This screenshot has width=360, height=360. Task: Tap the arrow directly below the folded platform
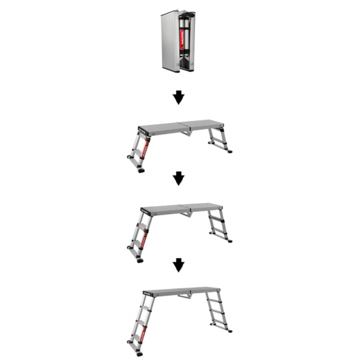179,98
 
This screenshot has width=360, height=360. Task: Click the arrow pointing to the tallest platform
179,265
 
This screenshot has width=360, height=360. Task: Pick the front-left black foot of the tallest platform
139,353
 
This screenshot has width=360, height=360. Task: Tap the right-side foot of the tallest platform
229,331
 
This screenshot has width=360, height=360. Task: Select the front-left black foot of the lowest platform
141,171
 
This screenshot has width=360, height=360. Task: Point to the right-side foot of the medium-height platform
229,240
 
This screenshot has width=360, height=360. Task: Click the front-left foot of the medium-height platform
140,260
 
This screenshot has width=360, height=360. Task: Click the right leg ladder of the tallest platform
217,314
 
